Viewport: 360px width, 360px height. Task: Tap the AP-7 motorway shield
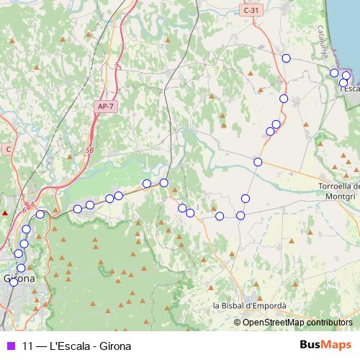click(105, 107)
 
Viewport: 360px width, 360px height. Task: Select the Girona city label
click(19, 277)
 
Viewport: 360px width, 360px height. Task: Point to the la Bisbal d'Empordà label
click(250, 306)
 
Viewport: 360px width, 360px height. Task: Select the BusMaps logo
click(325, 345)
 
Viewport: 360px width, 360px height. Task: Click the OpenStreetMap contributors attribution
click(297, 323)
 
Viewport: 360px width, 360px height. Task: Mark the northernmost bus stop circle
click(286, 58)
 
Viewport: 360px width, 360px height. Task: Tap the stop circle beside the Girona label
click(13, 282)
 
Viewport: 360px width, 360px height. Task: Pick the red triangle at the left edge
click(5, 213)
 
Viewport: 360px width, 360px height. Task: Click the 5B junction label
click(89, 150)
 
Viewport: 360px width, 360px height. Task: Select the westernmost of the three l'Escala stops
click(334, 73)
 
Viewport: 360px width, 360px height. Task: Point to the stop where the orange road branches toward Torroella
click(258, 162)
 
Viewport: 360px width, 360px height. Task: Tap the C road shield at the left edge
click(9, 149)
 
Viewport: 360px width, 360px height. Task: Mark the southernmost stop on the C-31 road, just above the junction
click(270, 131)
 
